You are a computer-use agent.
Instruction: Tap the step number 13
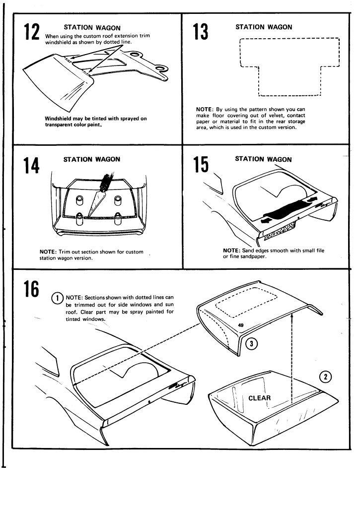coord(200,33)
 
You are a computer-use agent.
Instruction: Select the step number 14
coord(31,165)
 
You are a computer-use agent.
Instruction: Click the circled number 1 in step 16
coord(58,297)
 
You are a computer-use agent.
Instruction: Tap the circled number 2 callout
coord(326,377)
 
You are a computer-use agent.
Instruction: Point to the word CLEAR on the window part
coord(259,398)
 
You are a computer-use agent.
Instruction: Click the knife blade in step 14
coord(95,204)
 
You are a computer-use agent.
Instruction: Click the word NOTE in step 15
coord(232,251)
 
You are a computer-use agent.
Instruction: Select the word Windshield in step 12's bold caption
coord(60,119)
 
